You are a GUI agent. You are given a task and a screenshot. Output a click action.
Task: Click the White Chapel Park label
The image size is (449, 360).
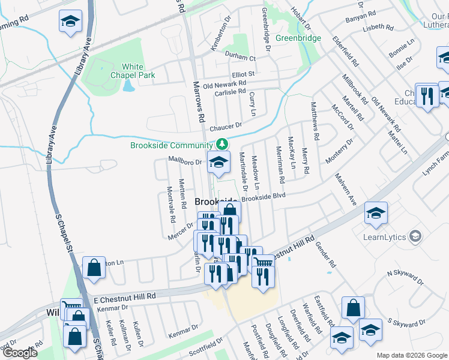[133, 71]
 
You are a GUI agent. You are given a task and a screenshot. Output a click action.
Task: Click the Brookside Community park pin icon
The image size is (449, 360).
[222, 144]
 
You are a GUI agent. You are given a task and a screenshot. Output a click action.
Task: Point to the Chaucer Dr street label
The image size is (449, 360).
[226, 127]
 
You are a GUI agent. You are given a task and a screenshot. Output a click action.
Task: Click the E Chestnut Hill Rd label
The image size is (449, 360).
[124, 297]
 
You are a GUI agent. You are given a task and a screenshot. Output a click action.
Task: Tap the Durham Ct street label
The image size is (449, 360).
[240, 58]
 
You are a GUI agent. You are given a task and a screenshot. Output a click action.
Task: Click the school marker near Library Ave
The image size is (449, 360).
[70, 22]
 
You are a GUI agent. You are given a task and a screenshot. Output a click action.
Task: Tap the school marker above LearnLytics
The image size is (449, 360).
[376, 214]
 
